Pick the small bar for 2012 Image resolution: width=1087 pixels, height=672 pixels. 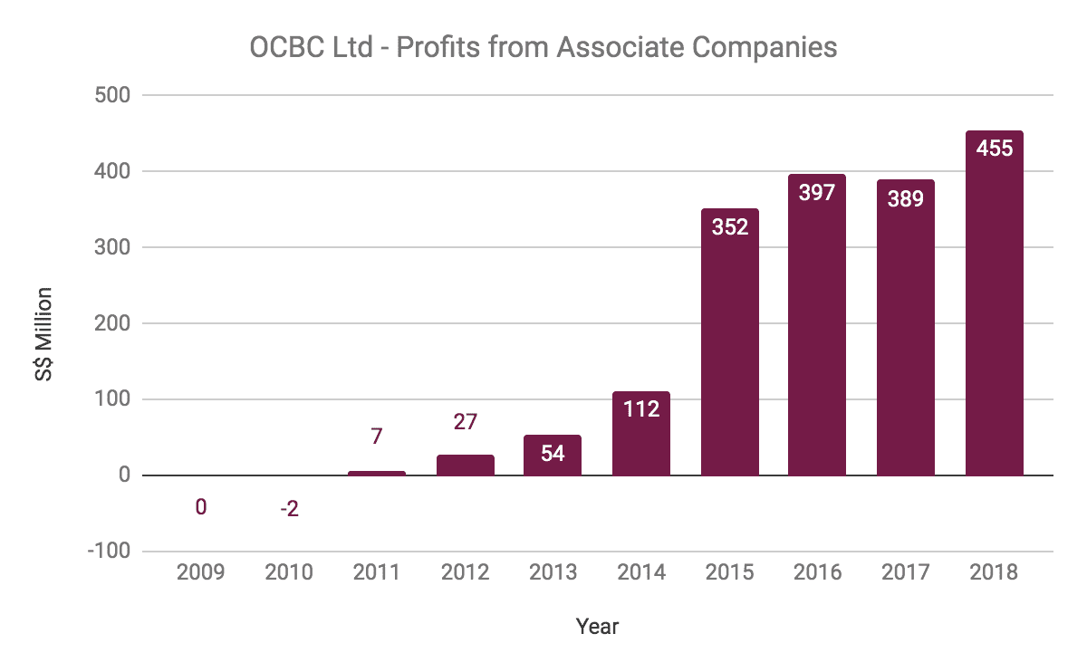(x=466, y=465)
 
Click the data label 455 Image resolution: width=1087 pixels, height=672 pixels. (x=994, y=148)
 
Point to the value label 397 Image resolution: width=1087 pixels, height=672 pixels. (x=817, y=192)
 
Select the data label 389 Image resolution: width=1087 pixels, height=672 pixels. (x=905, y=198)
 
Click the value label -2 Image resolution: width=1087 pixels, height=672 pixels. (x=289, y=509)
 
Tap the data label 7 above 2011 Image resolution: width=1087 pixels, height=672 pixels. (x=377, y=436)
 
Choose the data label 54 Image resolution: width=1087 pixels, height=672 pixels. (x=553, y=453)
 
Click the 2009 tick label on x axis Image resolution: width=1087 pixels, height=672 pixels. (x=201, y=573)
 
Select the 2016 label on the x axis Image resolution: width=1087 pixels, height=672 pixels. (x=817, y=573)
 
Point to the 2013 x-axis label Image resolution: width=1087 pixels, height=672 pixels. (x=553, y=573)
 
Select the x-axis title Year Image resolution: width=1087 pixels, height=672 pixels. (x=597, y=626)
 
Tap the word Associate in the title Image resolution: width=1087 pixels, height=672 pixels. (x=622, y=47)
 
